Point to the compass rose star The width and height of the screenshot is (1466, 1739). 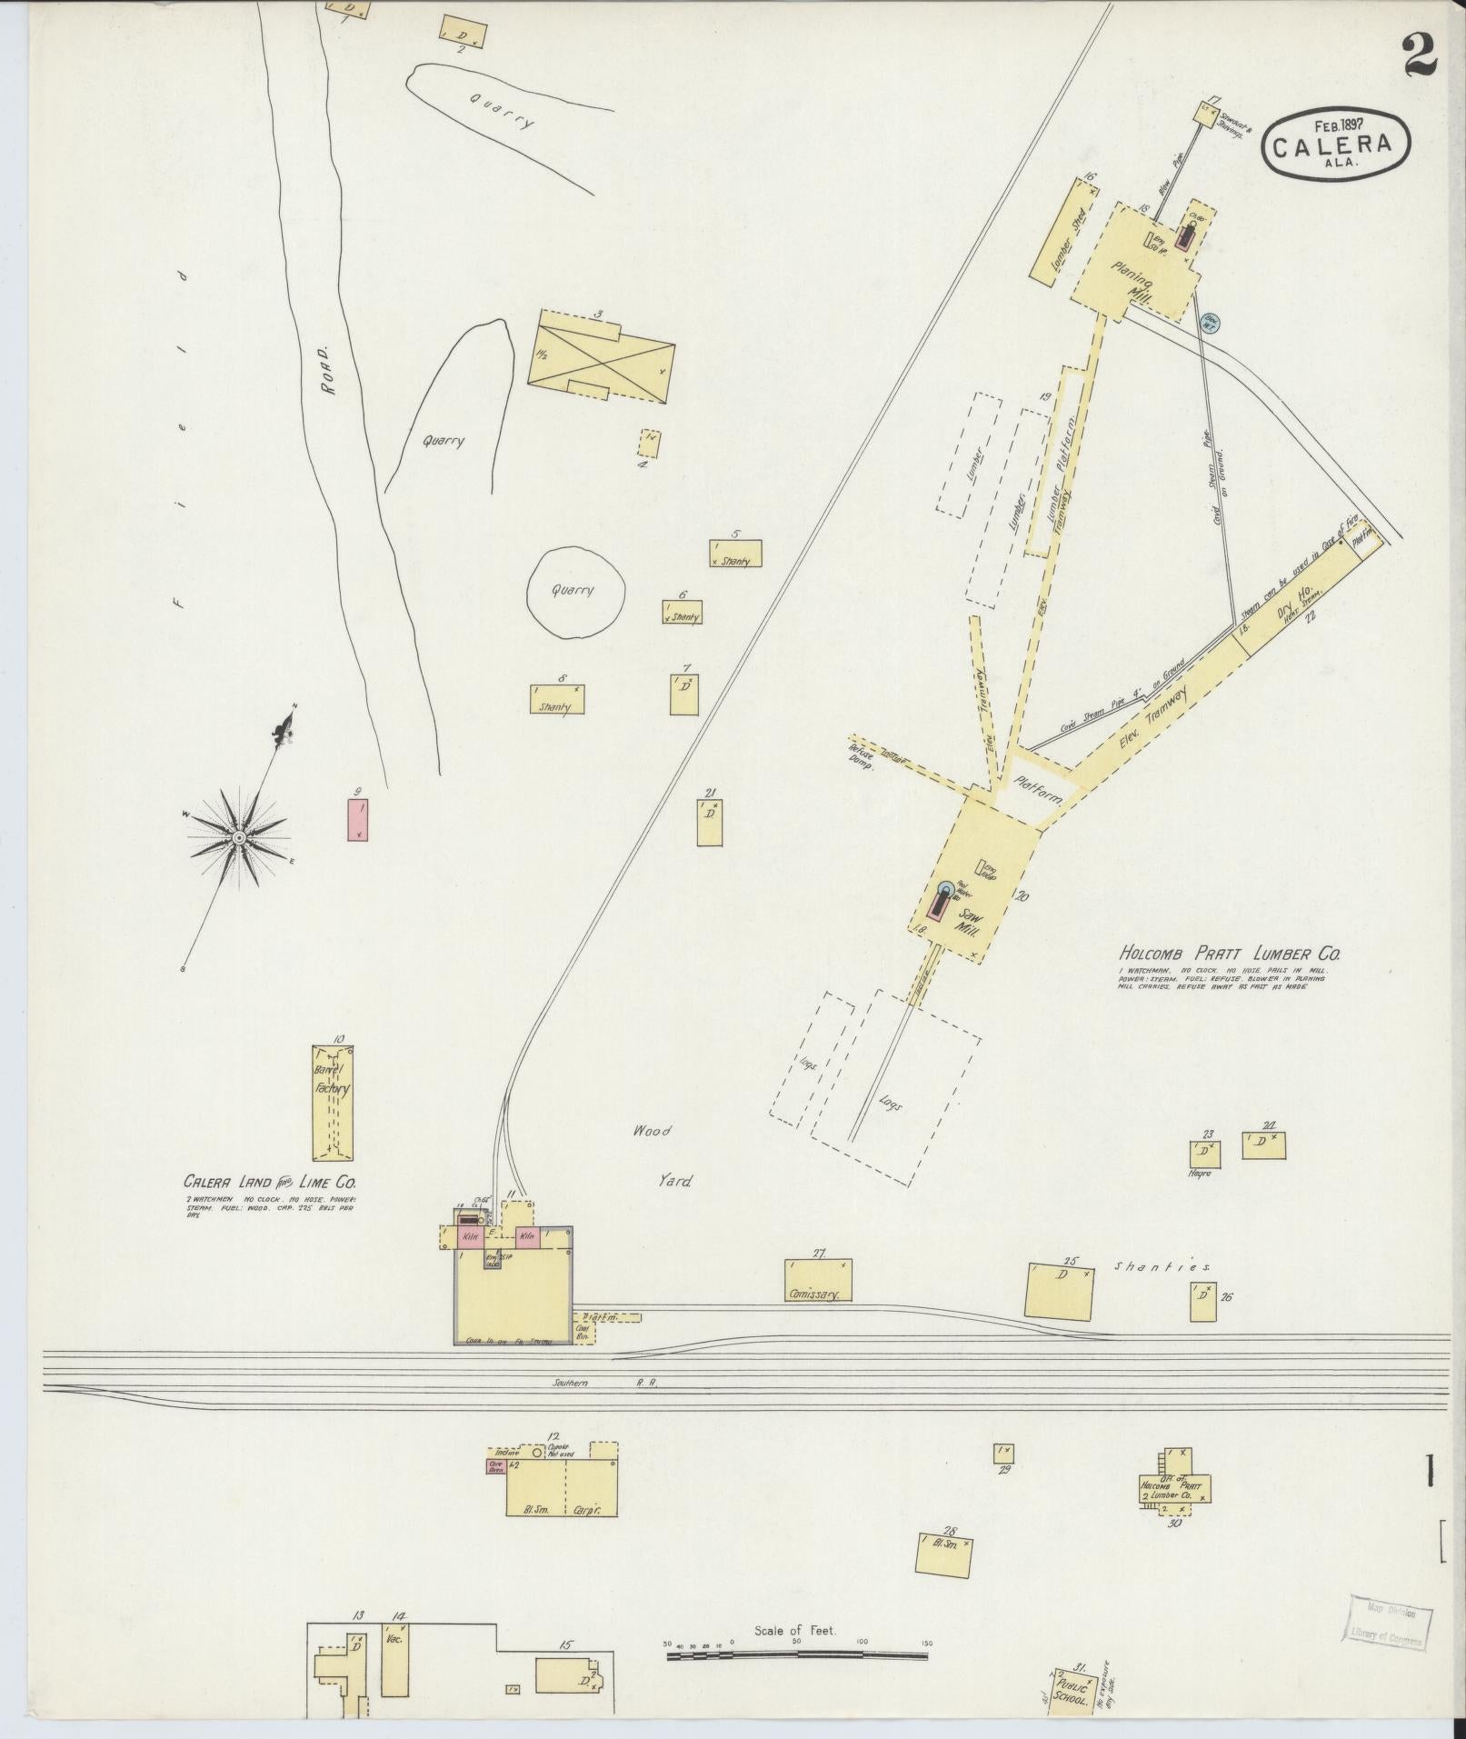pyautogui.click(x=238, y=836)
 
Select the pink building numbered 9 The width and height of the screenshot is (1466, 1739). pyautogui.click(x=359, y=818)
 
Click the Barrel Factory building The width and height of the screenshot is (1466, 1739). pyautogui.click(x=333, y=1103)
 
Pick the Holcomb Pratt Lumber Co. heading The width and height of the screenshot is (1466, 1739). pyautogui.click(x=1229, y=954)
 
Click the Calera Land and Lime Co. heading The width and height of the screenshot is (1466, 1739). pyautogui.click(x=270, y=1183)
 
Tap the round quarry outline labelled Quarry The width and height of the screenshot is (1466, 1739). pyautogui.click(x=575, y=592)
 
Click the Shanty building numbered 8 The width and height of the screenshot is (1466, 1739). pyautogui.click(x=557, y=699)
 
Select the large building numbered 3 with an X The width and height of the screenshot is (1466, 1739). pyautogui.click(x=602, y=357)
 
